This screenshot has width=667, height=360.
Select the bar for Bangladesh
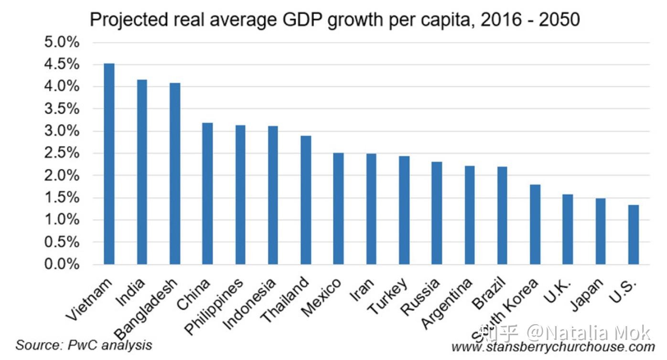pos(175,174)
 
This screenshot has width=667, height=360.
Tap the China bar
pos(207,193)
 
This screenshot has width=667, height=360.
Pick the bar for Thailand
pos(306,200)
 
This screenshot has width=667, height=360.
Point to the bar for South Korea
pos(535,224)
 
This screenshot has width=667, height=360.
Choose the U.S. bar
pos(634,234)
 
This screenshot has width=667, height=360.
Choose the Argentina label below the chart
pos(447,304)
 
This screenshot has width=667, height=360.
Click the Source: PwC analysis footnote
pos(84,345)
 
